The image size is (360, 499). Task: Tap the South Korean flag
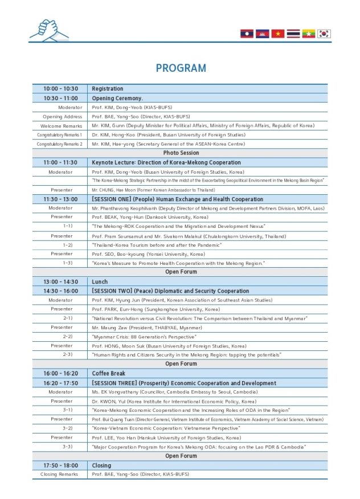(324, 34)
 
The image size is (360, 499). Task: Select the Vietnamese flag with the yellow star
(278, 34)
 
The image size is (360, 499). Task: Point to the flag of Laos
(247, 34)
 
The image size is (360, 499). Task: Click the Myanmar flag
(309, 34)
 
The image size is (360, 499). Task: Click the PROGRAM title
(181, 68)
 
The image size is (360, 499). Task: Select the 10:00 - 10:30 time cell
(60, 89)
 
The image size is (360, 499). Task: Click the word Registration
(108, 89)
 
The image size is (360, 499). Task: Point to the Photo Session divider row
(181, 153)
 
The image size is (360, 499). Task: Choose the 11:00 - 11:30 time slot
(60, 162)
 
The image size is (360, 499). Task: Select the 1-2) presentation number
(67, 244)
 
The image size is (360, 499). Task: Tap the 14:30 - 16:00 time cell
(60, 291)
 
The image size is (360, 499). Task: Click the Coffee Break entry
(108, 374)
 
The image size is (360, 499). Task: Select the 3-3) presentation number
(67, 447)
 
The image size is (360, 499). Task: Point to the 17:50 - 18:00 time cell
(60, 465)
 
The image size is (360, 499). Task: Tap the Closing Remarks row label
(59, 474)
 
